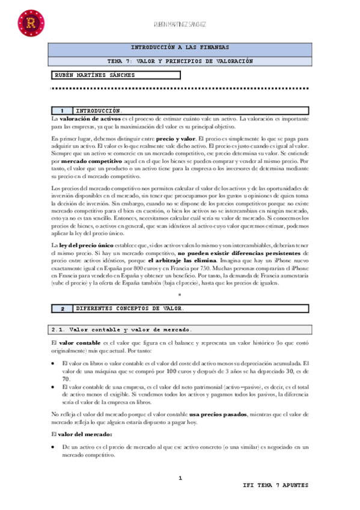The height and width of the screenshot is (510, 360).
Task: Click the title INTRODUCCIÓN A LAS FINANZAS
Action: (180, 47)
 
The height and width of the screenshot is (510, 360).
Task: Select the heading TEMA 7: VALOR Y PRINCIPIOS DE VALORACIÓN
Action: (180, 61)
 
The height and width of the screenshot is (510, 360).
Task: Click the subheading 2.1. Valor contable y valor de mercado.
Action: (123, 330)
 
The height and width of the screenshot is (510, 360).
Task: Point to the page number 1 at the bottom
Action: (180, 478)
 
